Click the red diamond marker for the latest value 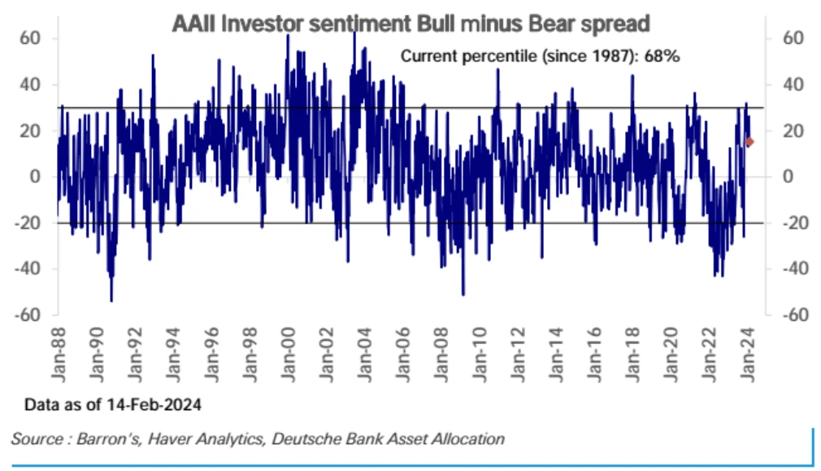[749, 142]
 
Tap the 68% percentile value [663, 57]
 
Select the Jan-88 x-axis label [59, 355]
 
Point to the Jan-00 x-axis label [289, 355]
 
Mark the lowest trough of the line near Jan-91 [111, 300]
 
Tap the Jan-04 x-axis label [365, 355]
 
